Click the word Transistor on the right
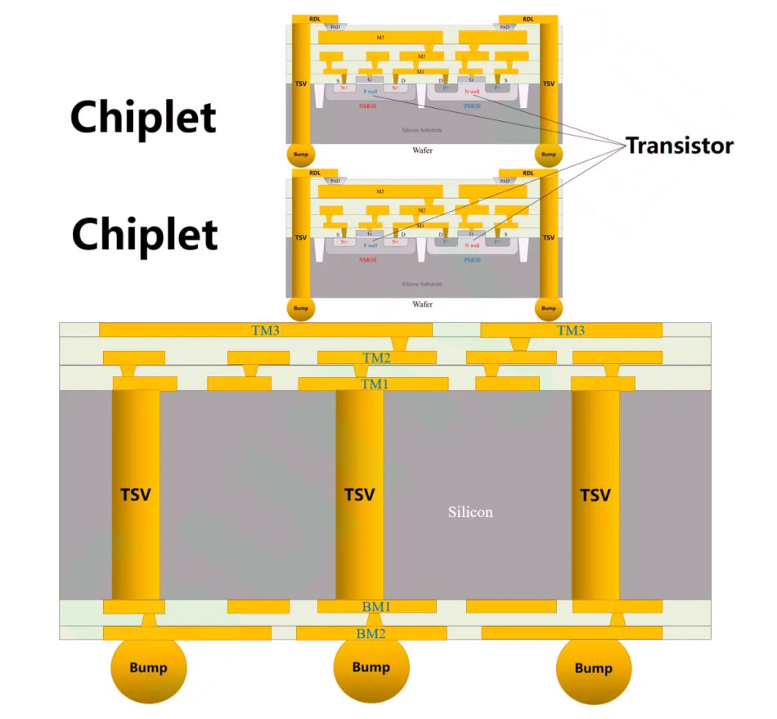pyautogui.click(x=680, y=146)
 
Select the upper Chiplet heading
pyautogui.click(x=143, y=117)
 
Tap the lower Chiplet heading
pyautogui.click(x=145, y=234)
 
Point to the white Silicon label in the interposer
pyautogui.click(x=470, y=512)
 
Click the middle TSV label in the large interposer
pyautogui.click(x=359, y=495)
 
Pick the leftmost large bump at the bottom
pyautogui.click(x=149, y=668)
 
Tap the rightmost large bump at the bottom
pyautogui.click(x=594, y=668)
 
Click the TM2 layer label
pyautogui.click(x=376, y=358)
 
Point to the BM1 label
pyautogui.click(x=376, y=607)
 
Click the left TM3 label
pyautogui.click(x=266, y=330)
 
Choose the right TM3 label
pyautogui.click(x=571, y=330)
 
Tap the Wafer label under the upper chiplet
pyautogui.click(x=422, y=151)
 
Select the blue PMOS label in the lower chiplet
pyautogui.click(x=473, y=260)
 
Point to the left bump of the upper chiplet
pyautogui.click(x=300, y=154)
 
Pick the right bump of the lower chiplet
pyautogui.click(x=548, y=308)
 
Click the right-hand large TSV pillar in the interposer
pyautogui.click(x=595, y=495)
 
